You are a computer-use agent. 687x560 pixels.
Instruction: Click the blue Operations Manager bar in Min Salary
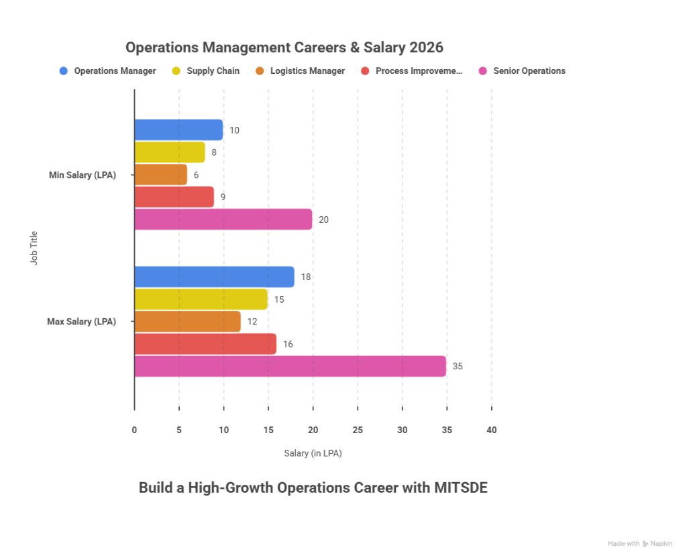click(x=178, y=130)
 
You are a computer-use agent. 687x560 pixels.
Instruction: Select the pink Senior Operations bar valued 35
click(x=290, y=367)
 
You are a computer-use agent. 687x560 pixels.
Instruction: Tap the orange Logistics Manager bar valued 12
click(x=187, y=322)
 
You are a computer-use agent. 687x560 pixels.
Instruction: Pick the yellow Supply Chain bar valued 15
click(x=201, y=299)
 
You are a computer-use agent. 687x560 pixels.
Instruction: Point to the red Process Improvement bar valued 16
click(x=205, y=344)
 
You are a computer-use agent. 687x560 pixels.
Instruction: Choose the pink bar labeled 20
click(x=223, y=220)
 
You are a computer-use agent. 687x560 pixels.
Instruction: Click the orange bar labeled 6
click(x=161, y=175)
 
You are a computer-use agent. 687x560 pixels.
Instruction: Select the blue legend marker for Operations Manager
click(x=64, y=71)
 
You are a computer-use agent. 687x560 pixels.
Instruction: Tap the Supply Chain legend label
click(x=213, y=71)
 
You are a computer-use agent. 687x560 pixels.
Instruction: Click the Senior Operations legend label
click(x=529, y=71)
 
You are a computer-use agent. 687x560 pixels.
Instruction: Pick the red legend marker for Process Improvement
click(x=365, y=71)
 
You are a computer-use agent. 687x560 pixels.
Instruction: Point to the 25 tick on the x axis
click(x=358, y=430)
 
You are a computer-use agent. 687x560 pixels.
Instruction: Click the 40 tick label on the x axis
click(x=492, y=430)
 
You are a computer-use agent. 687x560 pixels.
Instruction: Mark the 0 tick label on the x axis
click(x=134, y=430)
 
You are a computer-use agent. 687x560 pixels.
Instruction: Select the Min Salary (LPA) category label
click(x=83, y=175)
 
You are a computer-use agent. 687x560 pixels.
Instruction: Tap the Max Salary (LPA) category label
click(x=81, y=322)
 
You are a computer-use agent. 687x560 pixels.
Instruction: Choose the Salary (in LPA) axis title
click(x=313, y=454)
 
